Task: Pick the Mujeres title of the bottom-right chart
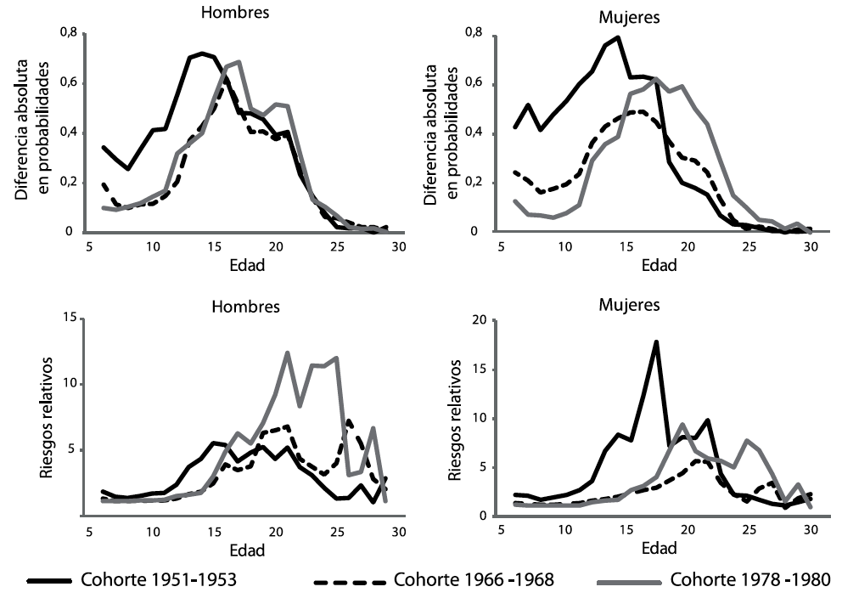[x=629, y=303]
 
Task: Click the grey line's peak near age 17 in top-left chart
[x=239, y=61]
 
